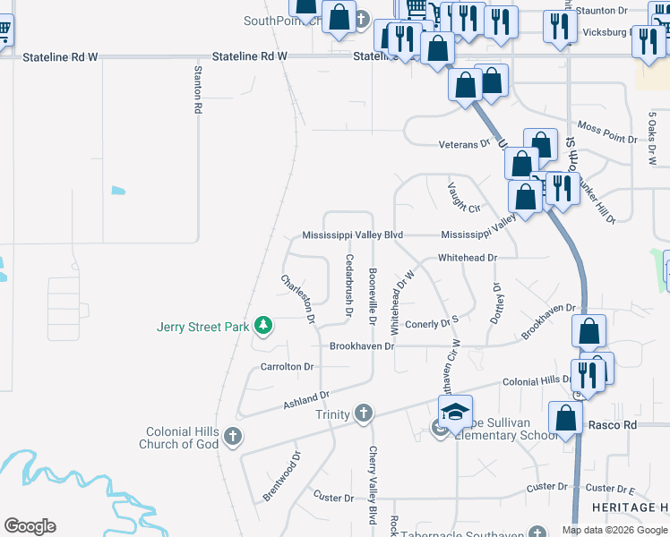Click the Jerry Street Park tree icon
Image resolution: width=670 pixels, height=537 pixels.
coord(262,326)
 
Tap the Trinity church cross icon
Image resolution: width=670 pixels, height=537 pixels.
coord(363,413)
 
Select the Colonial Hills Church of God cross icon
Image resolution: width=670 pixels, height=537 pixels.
coord(233,437)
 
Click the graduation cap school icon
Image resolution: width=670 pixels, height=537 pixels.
coord(456,412)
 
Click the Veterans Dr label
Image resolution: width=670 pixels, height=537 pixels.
coord(464,144)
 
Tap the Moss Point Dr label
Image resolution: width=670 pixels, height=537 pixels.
coord(607,140)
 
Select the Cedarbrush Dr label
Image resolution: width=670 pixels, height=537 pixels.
coord(348,277)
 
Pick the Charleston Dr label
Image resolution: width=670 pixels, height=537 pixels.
coord(298,298)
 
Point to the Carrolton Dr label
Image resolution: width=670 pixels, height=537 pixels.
coord(287,367)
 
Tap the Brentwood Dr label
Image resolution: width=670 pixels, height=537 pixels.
coord(280,482)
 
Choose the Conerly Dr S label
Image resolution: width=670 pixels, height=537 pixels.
coord(432,324)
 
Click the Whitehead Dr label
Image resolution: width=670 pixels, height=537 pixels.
coord(467,258)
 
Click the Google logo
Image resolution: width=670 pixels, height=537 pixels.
coord(30,526)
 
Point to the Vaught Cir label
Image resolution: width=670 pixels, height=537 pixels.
coord(464,195)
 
